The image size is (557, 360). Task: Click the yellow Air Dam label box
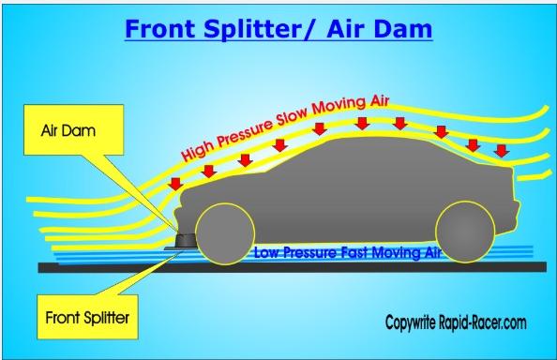pyautogui.click(x=74, y=129)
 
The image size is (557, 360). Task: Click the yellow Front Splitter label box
pyautogui.click(x=87, y=317)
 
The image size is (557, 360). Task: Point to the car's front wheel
pyautogui.click(x=225, y=233)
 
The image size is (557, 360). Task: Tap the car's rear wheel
pyautogui.click(x=465, y=232)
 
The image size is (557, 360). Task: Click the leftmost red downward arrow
pyautogui.click(x=175, y=184)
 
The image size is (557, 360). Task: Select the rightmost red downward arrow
pyautogui.click(x=502, y=151)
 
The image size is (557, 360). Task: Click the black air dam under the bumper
pyautogui.click(x=187, y=241)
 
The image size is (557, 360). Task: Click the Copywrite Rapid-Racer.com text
pyautogui.click(x=456, y=322)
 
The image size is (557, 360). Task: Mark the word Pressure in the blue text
pyautogui.click(x=309, y=253)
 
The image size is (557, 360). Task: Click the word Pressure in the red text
pyautogui.click(x=246, y=130)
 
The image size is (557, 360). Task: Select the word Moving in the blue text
pyautogui.click(x=395, y=253)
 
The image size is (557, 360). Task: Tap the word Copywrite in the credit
pyautogui.click(x=411, y=322)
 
